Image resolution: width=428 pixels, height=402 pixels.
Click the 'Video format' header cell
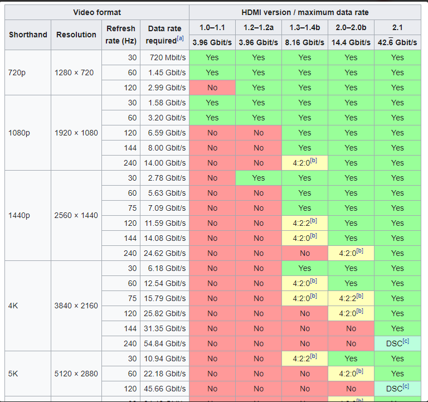[97, 12]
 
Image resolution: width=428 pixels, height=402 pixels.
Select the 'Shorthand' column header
[28, 35]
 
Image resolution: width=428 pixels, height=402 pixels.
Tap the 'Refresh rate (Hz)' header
[120, 35]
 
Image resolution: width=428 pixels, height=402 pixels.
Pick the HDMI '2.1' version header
[397, 27]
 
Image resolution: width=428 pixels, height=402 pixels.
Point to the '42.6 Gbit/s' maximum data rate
[397, 42]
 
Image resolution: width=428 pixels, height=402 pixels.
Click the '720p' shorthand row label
[17, 72]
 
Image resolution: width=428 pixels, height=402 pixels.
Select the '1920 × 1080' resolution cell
[76, 133]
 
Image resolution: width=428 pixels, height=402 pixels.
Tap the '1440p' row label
[19, 215]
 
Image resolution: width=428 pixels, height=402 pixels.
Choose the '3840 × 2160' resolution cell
[76, 306]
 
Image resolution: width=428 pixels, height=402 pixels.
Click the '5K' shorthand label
[14, 374]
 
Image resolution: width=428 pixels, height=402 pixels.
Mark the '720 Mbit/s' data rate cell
[166, 57]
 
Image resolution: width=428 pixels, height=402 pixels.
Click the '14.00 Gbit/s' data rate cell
[165, 163]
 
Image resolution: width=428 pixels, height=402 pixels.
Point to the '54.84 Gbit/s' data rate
[165, 343]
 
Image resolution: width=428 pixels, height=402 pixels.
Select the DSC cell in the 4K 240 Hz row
[397, 343]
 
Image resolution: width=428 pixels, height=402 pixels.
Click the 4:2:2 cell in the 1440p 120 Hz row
[304, 223]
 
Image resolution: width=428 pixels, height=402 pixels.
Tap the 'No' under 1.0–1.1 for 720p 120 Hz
[212, 88]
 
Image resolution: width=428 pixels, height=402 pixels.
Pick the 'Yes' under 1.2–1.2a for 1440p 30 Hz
[259, 178]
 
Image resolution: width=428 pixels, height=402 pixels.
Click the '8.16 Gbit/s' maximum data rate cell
[304, 42]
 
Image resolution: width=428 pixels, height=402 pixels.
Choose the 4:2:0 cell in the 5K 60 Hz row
[351, 374]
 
